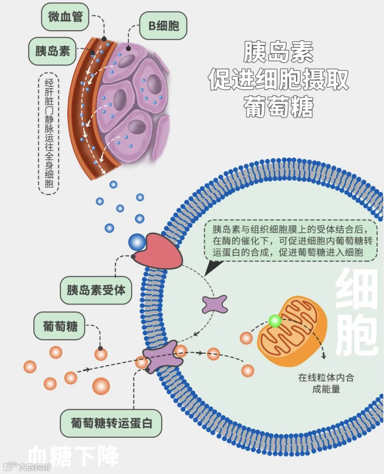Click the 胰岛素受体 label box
click(x=96, y=290)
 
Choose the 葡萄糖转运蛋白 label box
click(x=111, y=423)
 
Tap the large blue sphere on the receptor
click(x=137, y=242)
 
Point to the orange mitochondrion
click(x=292, y=331)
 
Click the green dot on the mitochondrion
click(x=275, y=321)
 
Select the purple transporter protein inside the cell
click(x=214, y=304)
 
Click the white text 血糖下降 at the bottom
click(x=73, y=455)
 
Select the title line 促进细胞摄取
click(x=279, y=79)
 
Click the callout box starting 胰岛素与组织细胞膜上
click(x=291, y=240)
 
